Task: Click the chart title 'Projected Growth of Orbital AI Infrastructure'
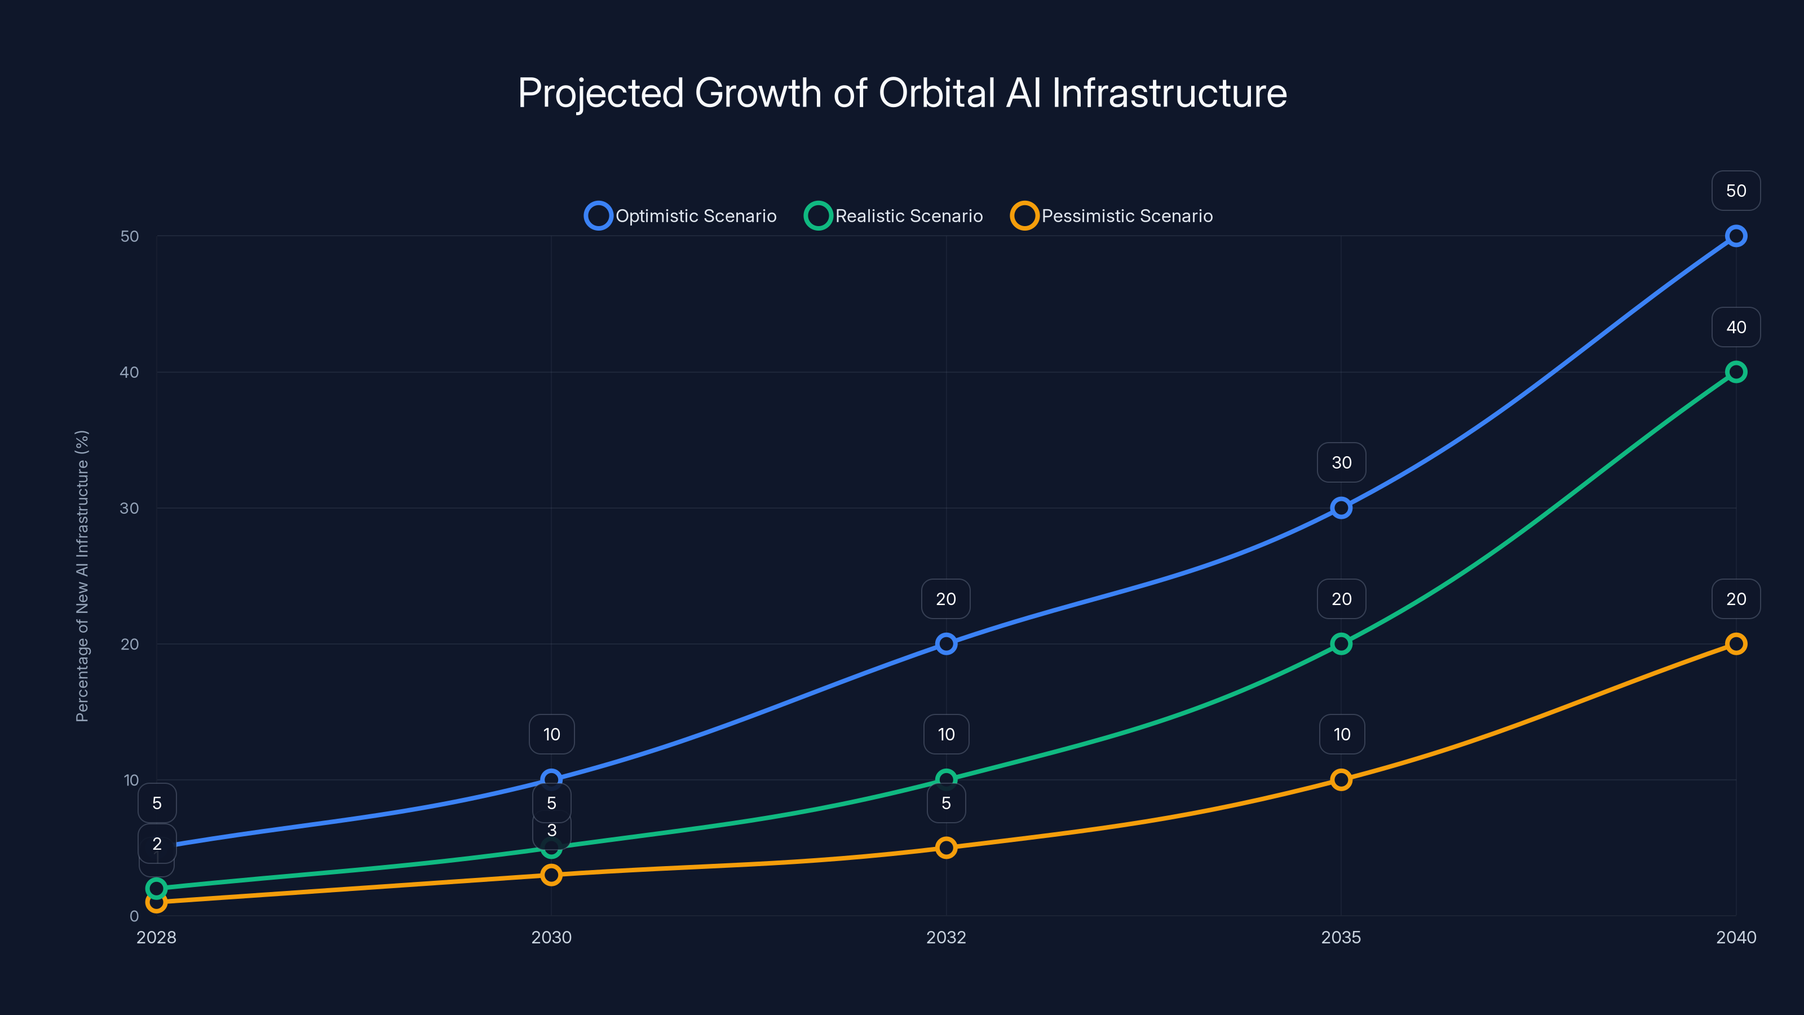click(x=902, y=93)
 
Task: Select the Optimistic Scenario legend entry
click(x=680, y=216)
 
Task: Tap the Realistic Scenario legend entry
click(x=894, y=216)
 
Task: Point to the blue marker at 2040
click(x=1735, y=236)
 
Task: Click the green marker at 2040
click(x=1735, y=372)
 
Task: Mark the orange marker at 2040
click(x=1735, y=644)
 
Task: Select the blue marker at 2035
click(x=1341, y=508)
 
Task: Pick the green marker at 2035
click(x=1341, y=644)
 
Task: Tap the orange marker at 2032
click(x=946, y=848)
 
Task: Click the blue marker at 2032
click(x=946, y=644)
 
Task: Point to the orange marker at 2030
click(x=551, y=875)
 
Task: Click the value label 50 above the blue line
click(x=1735, y=191)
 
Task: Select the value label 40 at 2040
click(x=1735, y=327)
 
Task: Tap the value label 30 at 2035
click(x=1341, y=462)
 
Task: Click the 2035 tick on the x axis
click(x=1341, y=937)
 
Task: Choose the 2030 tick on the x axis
click(x=551, y=937)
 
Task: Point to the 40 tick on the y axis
click(x=130, y=372)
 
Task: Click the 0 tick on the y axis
click(x=134, y=916)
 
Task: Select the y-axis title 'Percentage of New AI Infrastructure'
click(x=82, y=576)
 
